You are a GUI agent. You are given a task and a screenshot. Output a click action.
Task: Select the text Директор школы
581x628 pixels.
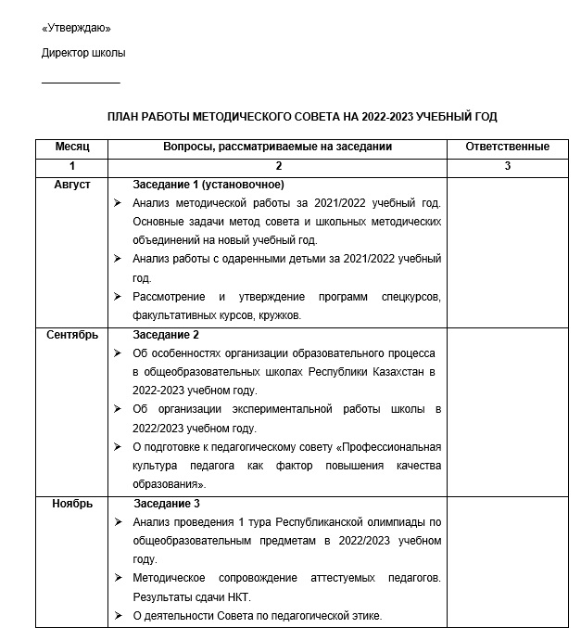tap(83, 53)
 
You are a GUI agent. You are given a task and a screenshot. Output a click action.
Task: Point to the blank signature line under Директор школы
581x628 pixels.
tap(81, 83)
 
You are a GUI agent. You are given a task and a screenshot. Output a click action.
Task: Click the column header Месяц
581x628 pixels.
tap(71, 147)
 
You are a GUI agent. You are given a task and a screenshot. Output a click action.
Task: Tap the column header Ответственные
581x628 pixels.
tap(507, 147)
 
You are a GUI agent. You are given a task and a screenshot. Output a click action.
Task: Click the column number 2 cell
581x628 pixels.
tap(277, 165)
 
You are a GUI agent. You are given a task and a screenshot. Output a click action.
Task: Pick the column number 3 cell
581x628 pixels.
tap(507, 165)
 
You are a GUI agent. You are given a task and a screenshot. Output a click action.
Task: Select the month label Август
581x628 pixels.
tap(71, 185)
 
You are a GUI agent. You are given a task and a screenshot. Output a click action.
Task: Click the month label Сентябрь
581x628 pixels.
tap(71, 335)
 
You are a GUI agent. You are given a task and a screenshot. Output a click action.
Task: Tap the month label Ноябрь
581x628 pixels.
tap(71, 504)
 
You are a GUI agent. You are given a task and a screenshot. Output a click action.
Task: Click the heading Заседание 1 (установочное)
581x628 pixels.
tap(208, 185)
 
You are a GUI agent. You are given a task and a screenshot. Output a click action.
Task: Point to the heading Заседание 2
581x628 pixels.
tap(167, 335)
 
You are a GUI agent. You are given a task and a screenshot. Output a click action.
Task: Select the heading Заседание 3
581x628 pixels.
tap(167, 504)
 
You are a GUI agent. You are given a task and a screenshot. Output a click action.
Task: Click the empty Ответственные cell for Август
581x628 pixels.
tap(507, 250)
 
